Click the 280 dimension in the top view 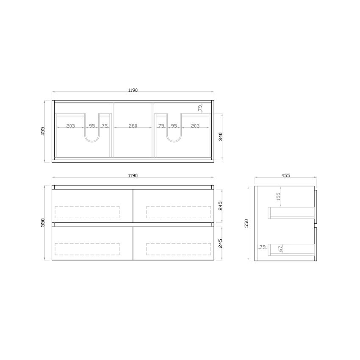(x=133, y=126)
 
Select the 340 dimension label (x=220, y=136)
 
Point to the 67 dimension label (x=280, y=249)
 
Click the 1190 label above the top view (x=133, y=90)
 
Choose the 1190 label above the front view (x=133, y=175)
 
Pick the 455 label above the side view (x=285, y=175)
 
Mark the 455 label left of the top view (x=43, y=131)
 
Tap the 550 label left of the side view (x=246, y=223)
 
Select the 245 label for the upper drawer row (x=220, y=205)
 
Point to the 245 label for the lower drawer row (x=220, y=243)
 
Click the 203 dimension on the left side (x=70, y=126)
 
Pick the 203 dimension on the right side (x=195, y=126)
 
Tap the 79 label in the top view (x=200, y=108)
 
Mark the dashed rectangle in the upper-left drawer (x=87, y=212)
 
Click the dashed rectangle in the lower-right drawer (x=178, y=249)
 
